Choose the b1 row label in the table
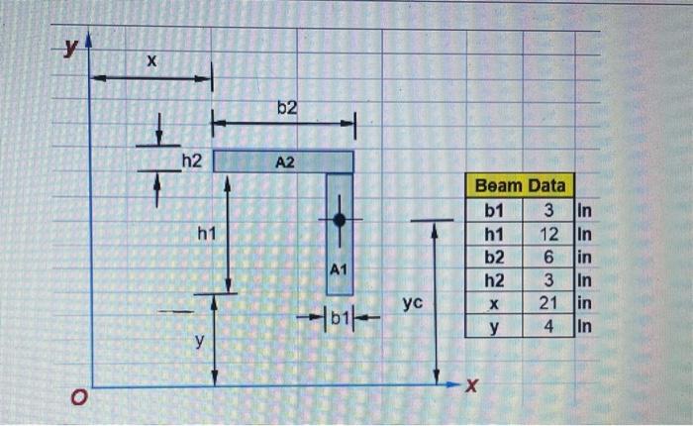(494, 210)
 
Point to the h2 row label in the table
(494, 278)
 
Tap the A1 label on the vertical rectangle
(339, 268)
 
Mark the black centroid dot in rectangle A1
(339, 220)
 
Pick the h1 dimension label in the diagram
(206, 234)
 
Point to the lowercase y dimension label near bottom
(198, 341)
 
